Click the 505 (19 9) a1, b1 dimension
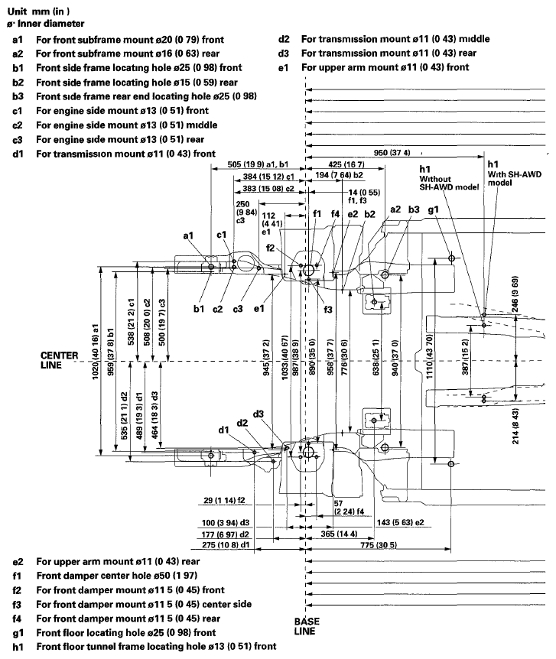click(x=258, y=164)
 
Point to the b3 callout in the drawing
click(x=414, y=209)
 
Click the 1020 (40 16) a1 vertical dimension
click(x=96, y=359)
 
